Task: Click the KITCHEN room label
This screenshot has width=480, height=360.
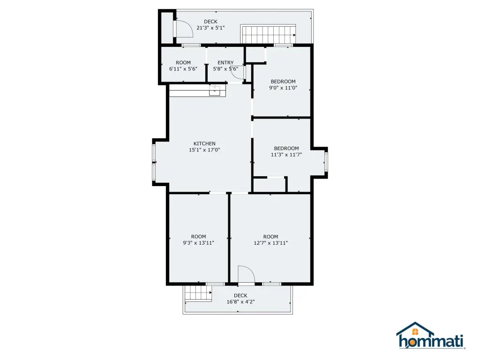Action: tap(204, 143)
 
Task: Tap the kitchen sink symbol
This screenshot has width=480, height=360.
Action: tap(215, 91)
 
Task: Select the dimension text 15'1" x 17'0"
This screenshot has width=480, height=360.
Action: tap(204, 150)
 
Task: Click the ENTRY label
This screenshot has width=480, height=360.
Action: tap(225, 63)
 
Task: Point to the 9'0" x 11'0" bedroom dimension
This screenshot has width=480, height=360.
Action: tap(283, 88)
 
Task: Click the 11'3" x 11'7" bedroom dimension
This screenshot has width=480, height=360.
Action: tap(286, 155)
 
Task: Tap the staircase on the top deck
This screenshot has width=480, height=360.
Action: tap(269, 34)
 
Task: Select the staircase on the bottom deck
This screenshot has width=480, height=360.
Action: tap(198, 293)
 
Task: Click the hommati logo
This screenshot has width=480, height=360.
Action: tap(431, 336)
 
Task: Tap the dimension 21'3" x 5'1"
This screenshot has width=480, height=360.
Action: tap(210, 28)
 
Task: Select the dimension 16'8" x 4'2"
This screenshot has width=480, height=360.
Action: tap(240, 302)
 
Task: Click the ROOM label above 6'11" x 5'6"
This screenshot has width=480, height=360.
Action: tap(183, 63)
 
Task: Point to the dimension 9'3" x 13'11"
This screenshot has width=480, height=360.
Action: tap(198, 243)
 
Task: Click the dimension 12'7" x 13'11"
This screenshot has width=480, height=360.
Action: tap(270, 243)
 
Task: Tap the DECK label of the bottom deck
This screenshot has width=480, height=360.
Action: tap(240, 296)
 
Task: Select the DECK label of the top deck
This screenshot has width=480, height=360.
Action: tap(210, 22)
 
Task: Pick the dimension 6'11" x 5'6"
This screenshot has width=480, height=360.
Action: tap(183, 69)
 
